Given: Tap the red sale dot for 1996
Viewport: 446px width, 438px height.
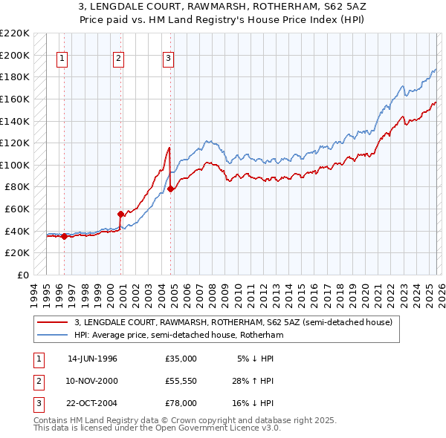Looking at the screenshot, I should [65, 237].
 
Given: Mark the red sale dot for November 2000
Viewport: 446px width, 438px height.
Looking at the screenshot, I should [121, 214].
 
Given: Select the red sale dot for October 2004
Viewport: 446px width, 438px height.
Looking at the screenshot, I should [171, 189].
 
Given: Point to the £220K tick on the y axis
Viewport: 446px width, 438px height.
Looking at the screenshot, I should [15, 33].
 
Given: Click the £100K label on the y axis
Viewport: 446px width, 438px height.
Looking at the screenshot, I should [15, 165].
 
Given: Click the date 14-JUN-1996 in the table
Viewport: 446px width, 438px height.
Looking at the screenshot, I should [92, 359].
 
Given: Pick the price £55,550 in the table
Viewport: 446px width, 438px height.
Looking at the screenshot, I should [181, 381].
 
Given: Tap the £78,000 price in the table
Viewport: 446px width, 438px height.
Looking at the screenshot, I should [181, 403].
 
